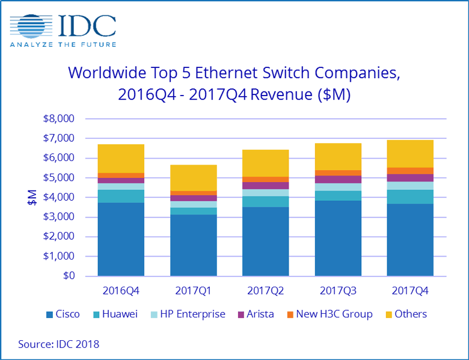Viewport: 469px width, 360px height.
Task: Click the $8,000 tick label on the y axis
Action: [59, 119]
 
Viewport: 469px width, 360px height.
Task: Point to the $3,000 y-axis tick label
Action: [59, 217]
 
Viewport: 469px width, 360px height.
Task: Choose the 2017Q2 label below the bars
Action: [265, 290]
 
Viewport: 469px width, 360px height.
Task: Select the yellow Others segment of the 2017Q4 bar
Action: [409, 154]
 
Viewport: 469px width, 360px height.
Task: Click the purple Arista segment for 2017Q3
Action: [337, 179]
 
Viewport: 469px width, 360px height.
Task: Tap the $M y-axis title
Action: [32, 198]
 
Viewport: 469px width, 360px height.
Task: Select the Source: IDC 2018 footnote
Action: [59, 344]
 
